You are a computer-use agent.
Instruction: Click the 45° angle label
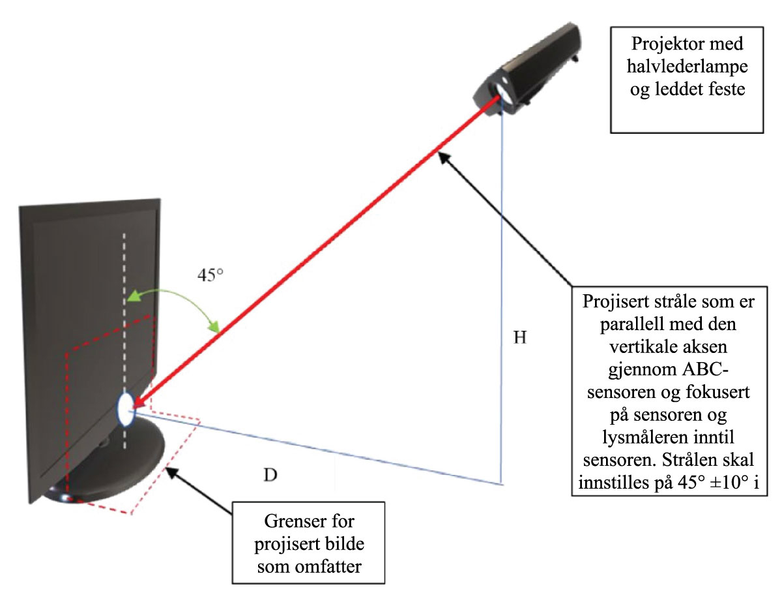pos(210,275)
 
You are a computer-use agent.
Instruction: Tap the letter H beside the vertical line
pos(519,339)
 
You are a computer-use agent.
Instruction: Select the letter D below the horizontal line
pos(270,474)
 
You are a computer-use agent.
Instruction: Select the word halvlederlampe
pos(687,67)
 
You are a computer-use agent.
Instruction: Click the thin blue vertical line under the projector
pos(502,294)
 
